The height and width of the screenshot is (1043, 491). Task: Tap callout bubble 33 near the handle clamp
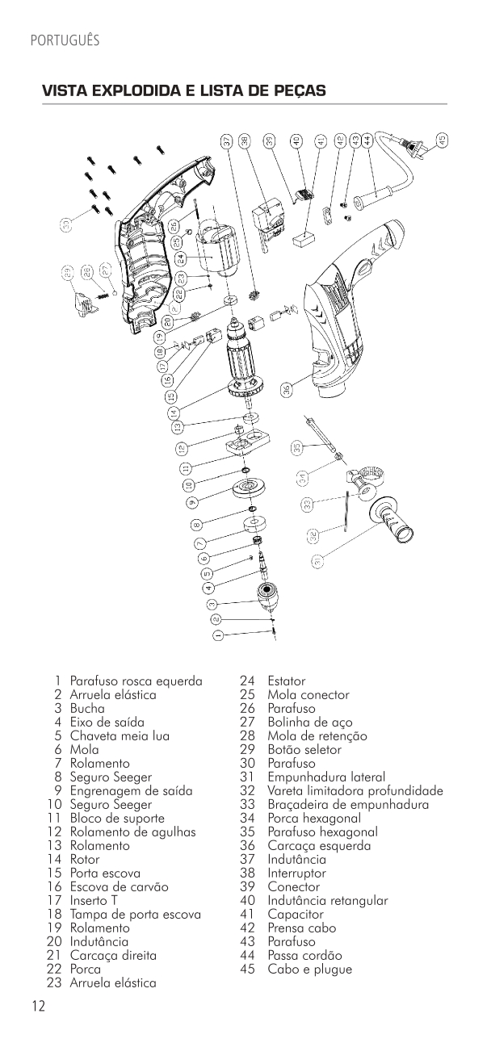[x=308, y=505]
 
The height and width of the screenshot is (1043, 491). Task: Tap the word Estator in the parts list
[x=287, y=681]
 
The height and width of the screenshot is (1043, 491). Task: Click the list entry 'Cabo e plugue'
[x=310, y=970]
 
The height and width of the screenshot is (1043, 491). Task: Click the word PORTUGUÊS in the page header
[x=65, y=40]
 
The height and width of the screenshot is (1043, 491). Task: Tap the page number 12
[x=38, y=1006]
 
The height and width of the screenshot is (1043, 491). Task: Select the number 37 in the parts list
[x=248, y=859]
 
